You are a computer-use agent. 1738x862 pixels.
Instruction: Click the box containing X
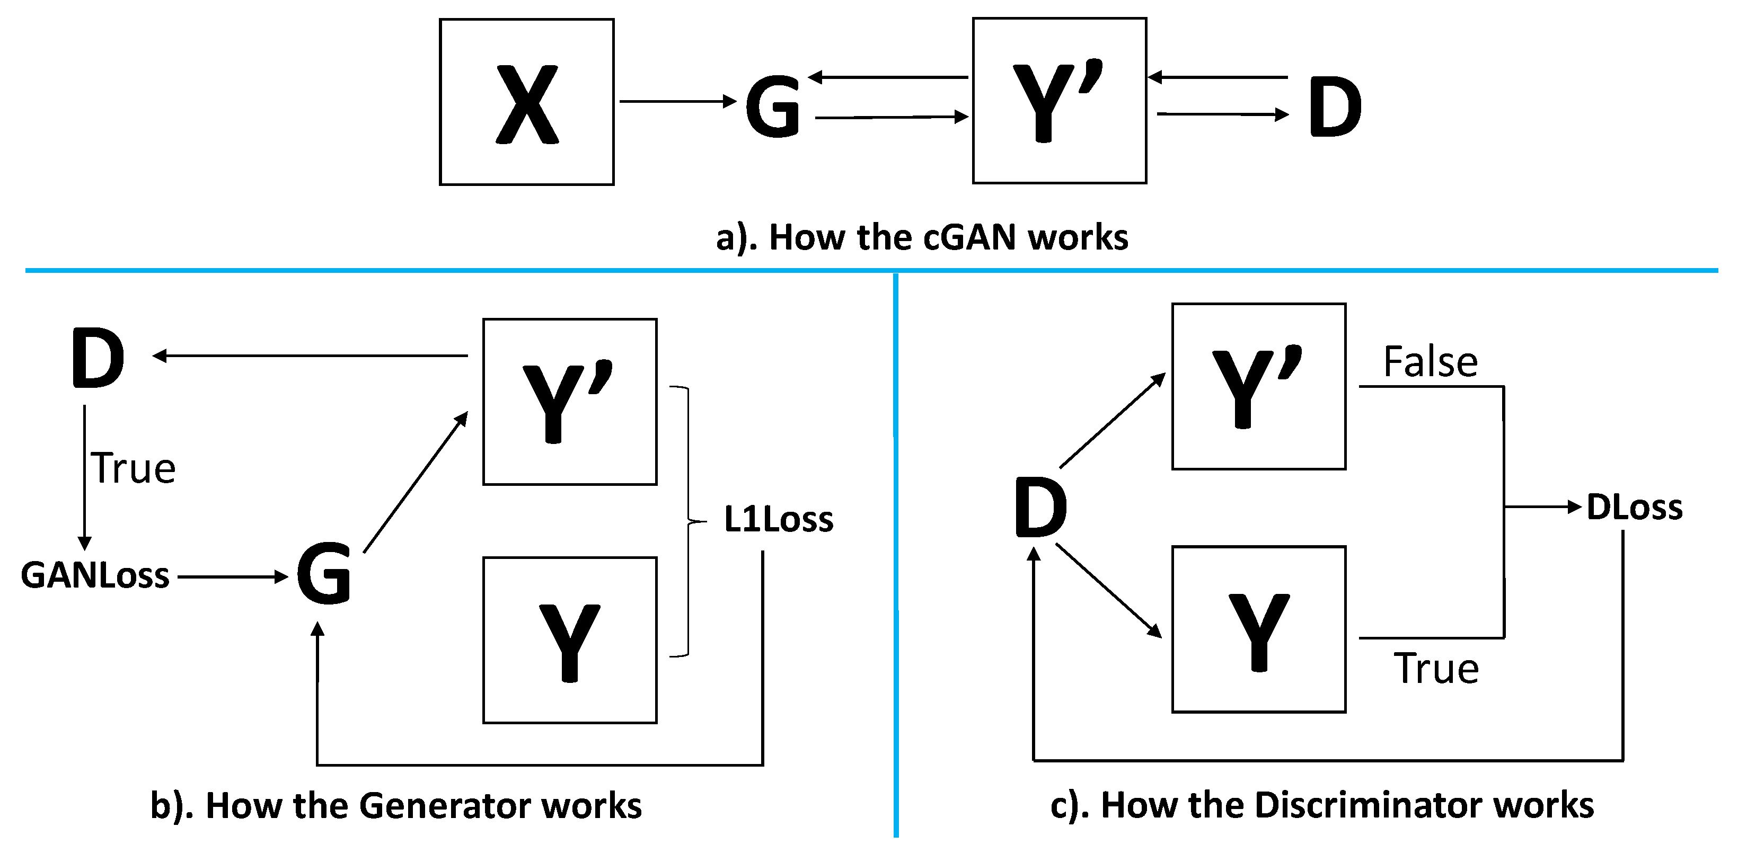point(526,102)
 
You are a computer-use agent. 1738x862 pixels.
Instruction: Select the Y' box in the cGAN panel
point(1058,101)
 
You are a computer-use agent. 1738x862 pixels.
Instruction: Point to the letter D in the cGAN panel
point(1334,106)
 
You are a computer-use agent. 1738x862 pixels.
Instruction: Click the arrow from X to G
point(677,101)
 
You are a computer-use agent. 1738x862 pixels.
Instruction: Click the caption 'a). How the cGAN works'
point(922,237)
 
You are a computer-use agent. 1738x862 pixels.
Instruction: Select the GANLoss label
point(95,575)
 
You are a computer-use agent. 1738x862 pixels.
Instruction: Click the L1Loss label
point(778,519)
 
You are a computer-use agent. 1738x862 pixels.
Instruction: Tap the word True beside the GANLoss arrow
point(134,468)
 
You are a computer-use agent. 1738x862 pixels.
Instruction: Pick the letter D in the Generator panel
point(99,358)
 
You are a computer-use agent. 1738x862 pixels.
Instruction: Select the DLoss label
point(1634,507)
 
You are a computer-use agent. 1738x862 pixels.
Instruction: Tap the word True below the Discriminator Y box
point(1436,669)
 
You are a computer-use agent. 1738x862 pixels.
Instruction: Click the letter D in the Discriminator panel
point(1040,508)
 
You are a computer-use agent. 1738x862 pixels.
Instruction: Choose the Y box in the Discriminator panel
point(1258,629)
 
